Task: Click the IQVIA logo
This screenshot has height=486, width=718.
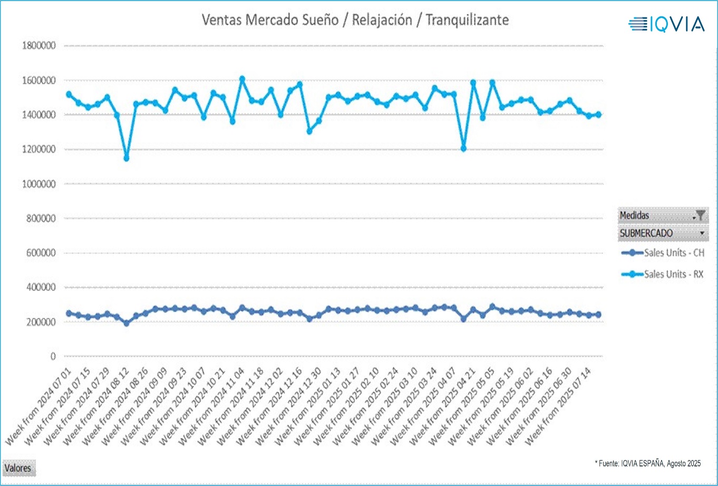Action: coord(666,24)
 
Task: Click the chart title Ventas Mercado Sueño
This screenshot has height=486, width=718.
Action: coord(355,20)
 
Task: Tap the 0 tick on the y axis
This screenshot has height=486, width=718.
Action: coord(52,356)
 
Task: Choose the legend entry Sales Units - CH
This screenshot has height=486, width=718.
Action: coord(663,253)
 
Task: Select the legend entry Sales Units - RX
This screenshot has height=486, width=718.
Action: coord(663,274)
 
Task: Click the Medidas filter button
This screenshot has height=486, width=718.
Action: coord(700,215)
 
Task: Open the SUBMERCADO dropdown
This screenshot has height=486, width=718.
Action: coord(702,232)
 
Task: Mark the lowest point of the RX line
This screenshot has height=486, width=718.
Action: coord(126,158)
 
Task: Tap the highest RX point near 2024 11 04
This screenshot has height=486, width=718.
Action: coord(242,79)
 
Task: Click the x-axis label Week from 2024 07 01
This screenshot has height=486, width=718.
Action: coord(40,409)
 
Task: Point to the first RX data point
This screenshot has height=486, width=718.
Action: coord(69,94)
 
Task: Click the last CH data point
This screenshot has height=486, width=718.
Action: coord(598,315)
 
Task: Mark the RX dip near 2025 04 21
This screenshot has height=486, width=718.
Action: coord(463,149)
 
